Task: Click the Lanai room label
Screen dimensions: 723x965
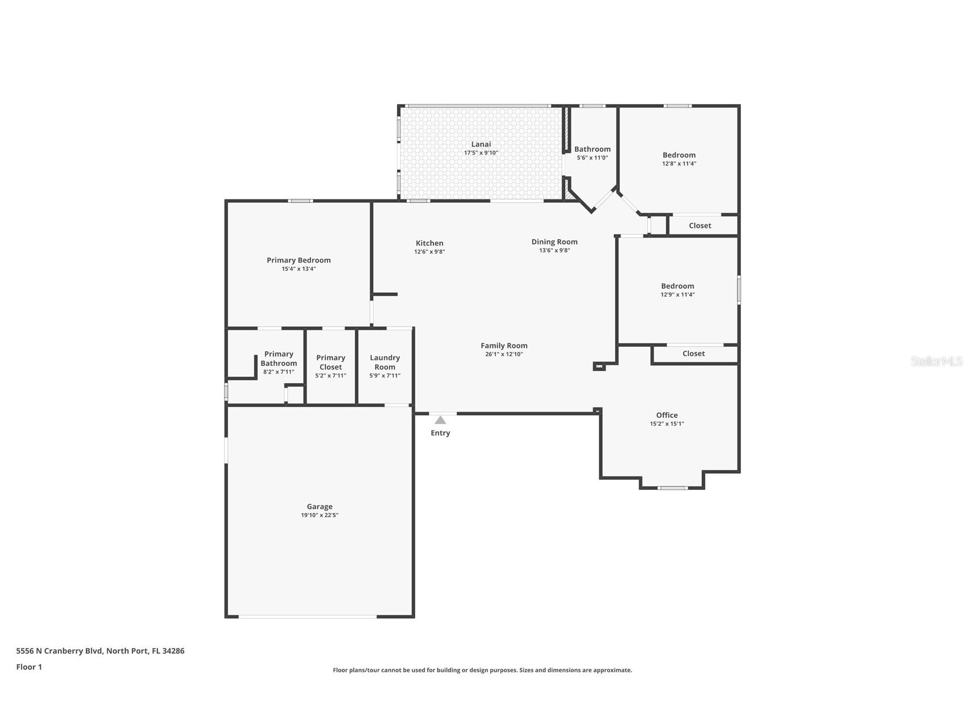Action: pos(481,144)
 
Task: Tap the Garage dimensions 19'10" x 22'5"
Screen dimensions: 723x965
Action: pos(320,516)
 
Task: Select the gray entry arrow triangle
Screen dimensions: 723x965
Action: pos(440,421)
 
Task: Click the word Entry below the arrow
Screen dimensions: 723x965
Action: pos(440,433)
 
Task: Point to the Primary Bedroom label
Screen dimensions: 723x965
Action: pos(299,260)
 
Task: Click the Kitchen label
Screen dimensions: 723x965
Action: pos(429,243)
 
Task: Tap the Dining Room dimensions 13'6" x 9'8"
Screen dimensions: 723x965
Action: pos(554,251)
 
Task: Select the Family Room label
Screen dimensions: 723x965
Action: pos(504,346)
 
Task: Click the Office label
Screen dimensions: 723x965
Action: pos(666,415)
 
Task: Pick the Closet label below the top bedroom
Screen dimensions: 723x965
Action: pos(699,226)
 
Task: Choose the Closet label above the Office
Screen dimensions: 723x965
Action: pos(693,354)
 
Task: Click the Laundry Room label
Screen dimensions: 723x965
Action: pos(385,362)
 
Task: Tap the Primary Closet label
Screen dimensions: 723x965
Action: pos(330,362)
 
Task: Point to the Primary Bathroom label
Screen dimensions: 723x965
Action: pos(279,359)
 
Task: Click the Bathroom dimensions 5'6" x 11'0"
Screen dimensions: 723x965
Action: pos(592,158)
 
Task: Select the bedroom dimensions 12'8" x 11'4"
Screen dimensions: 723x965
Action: pos(678,164)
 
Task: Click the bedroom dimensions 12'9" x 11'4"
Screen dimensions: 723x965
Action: pos(677,295)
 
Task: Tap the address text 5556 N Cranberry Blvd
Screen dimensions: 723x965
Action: pos(59,651)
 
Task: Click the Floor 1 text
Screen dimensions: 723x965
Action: pos(29,667)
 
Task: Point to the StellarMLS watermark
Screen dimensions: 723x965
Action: pos(936,361)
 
